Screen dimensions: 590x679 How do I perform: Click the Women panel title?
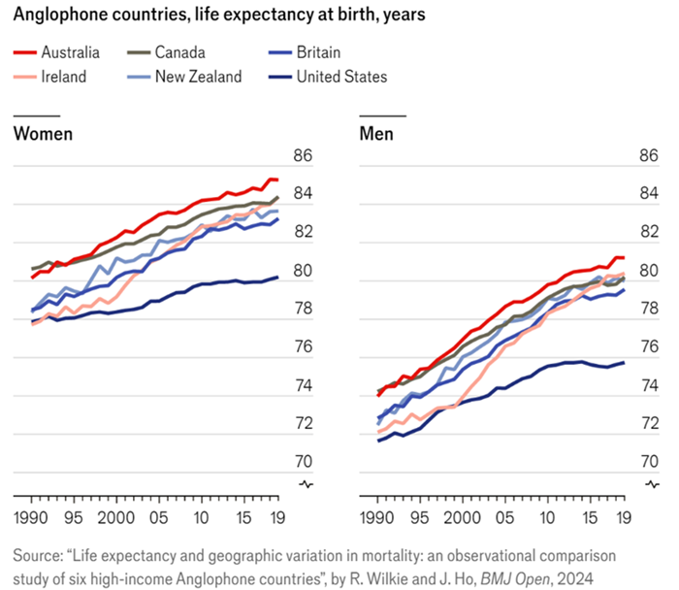click(x=43, y=133)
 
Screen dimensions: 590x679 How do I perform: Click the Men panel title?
click(x=376, y=133)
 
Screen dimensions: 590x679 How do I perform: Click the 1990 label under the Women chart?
click(x=30, y=516)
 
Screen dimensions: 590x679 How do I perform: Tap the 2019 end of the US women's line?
click(x=277, y=278)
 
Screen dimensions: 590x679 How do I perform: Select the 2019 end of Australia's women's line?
click(x=277, y=180)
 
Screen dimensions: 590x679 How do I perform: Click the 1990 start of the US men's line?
click(x=378, y=441)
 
